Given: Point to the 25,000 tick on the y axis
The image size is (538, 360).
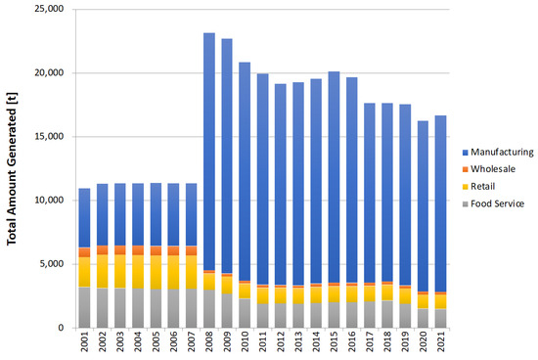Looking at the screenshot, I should (46, 10).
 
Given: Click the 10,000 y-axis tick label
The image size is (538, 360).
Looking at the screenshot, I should (46, 201).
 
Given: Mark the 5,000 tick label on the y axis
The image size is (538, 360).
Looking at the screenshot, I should (49, 264).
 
